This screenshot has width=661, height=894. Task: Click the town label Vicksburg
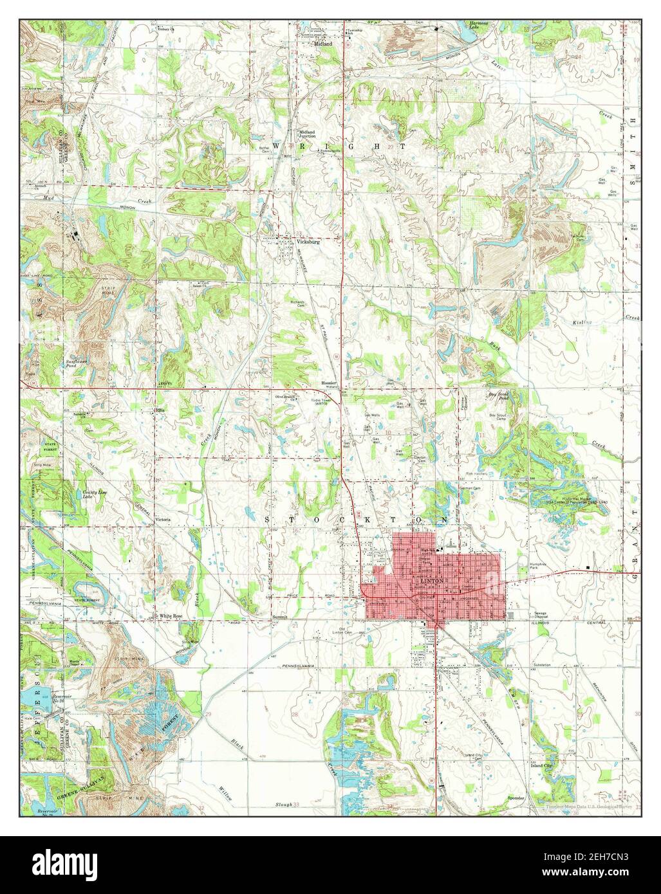click(x=308, y=242)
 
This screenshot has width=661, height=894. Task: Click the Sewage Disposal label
click(x=537, y=615)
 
